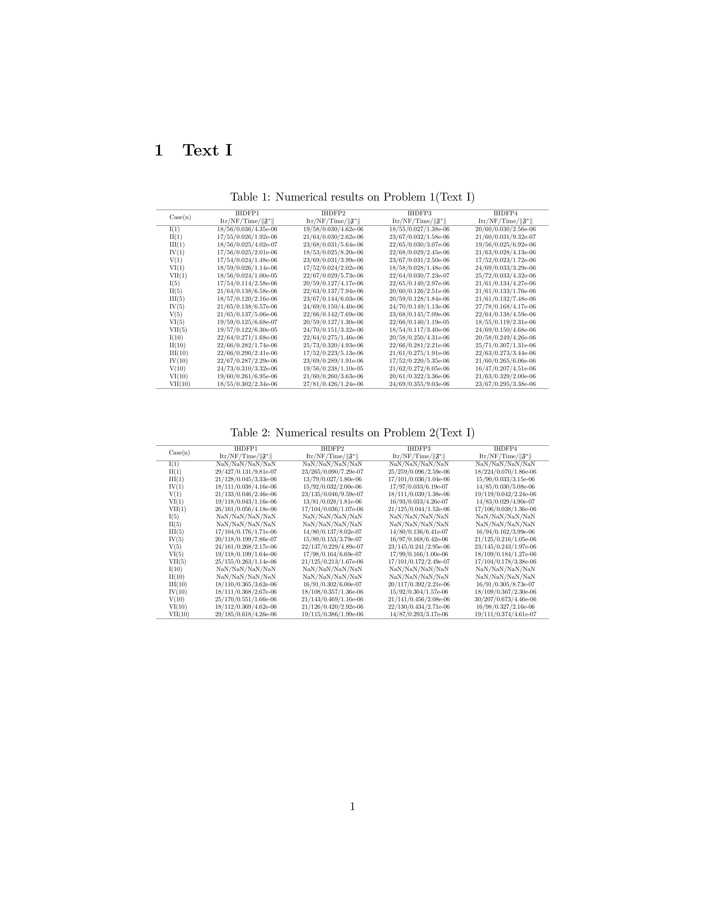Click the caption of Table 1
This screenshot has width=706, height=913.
352,197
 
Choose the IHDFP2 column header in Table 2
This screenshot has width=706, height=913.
333,448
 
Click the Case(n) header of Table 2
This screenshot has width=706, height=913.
179,452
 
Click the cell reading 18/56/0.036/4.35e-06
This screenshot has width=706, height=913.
247,229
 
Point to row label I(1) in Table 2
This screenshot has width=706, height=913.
174,464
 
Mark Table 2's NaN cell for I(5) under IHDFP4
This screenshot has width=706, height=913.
505,517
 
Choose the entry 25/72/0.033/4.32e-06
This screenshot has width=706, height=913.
505,276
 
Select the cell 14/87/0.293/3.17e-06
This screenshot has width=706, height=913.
419,614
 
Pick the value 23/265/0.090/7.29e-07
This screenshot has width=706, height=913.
333,471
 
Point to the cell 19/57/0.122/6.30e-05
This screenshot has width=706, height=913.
247,330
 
